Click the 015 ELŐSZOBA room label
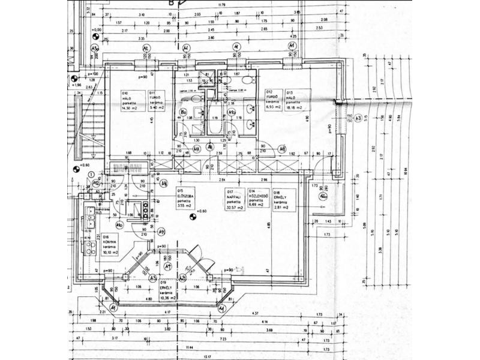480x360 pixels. (x=184, y=197)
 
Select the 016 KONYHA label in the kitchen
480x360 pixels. (x=110, y=245)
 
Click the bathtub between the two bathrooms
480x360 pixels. (x=214, y=119)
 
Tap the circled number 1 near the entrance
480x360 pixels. (x=91, y=175)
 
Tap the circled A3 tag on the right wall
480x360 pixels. (x=358, y=118)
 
